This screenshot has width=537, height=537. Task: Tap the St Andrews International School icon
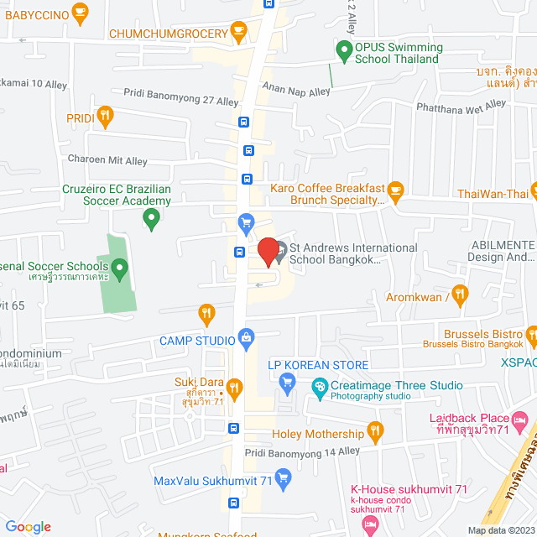pos(280,249)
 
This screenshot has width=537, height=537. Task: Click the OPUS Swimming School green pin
pos(343,50)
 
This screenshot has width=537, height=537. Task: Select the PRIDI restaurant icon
pos(104,117)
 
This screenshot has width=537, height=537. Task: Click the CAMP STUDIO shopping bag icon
pos(246,338)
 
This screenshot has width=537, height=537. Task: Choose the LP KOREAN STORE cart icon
pos(287,383)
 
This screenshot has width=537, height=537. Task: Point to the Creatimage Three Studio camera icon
pos(319,387)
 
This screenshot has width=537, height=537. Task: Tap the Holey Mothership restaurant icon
pos(375,433)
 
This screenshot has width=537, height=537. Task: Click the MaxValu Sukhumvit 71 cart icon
pos(283,480)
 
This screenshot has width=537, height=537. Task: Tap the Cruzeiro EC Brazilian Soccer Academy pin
pos(151,219)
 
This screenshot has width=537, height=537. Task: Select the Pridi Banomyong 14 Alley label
pos(302,451)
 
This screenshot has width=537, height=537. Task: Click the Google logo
pos(28,527)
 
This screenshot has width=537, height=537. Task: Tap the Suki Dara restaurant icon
pos(236,388)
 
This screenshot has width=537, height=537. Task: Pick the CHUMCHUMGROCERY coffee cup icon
pos(239,33)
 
